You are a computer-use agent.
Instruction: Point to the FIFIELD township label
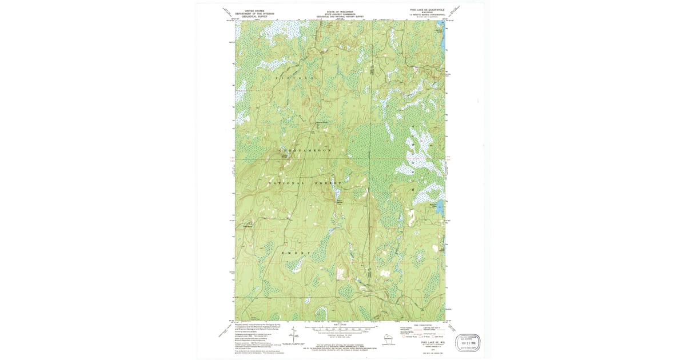point(296,77)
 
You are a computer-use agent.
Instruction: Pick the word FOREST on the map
point(332,183)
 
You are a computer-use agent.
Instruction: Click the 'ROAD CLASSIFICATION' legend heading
point(423,323)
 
